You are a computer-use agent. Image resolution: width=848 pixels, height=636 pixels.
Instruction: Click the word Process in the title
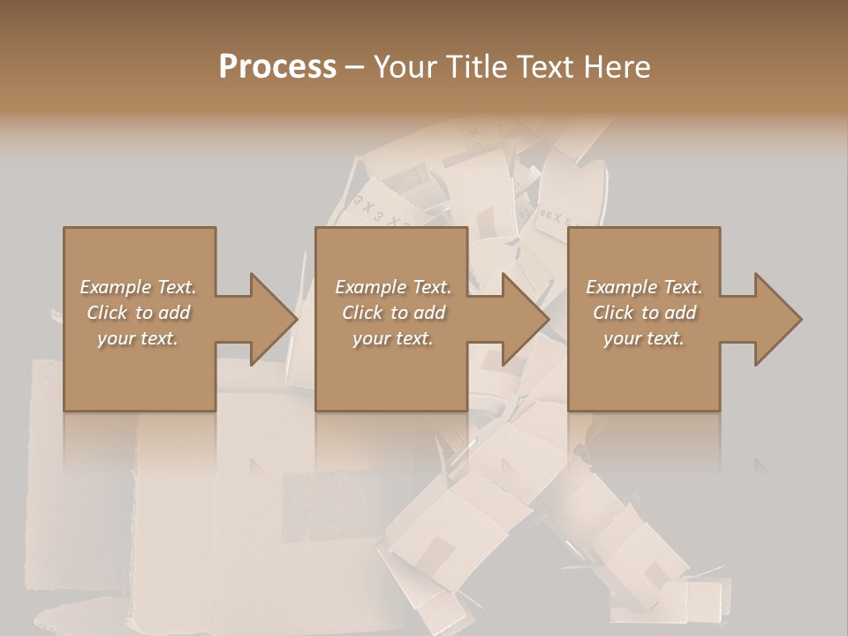[x=277, y=67]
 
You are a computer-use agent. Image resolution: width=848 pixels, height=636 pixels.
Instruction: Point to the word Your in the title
[x=404, y=67]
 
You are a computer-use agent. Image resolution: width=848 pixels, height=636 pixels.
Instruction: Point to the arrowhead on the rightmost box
[x=776, y=319]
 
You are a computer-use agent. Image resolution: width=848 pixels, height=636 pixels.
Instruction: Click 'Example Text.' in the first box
[x=138, y=287]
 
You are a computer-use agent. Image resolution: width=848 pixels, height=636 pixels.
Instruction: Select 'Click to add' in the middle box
[x=393, y=313]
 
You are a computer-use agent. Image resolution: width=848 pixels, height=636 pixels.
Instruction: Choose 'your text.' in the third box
[x=644, y=338]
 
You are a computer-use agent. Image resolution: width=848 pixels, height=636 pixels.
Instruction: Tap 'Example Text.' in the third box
[x=644, y=287]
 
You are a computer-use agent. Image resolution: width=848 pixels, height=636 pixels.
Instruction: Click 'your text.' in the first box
[x=138, y=338]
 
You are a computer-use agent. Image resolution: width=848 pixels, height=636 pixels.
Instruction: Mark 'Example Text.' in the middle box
[x=393, y=287]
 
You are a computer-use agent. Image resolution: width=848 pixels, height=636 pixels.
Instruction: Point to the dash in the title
[x=355, y=67]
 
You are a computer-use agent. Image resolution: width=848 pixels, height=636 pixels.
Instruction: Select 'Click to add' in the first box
[x=138, y=313]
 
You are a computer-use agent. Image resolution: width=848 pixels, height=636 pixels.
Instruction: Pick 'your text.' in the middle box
[x=393, y=338]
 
